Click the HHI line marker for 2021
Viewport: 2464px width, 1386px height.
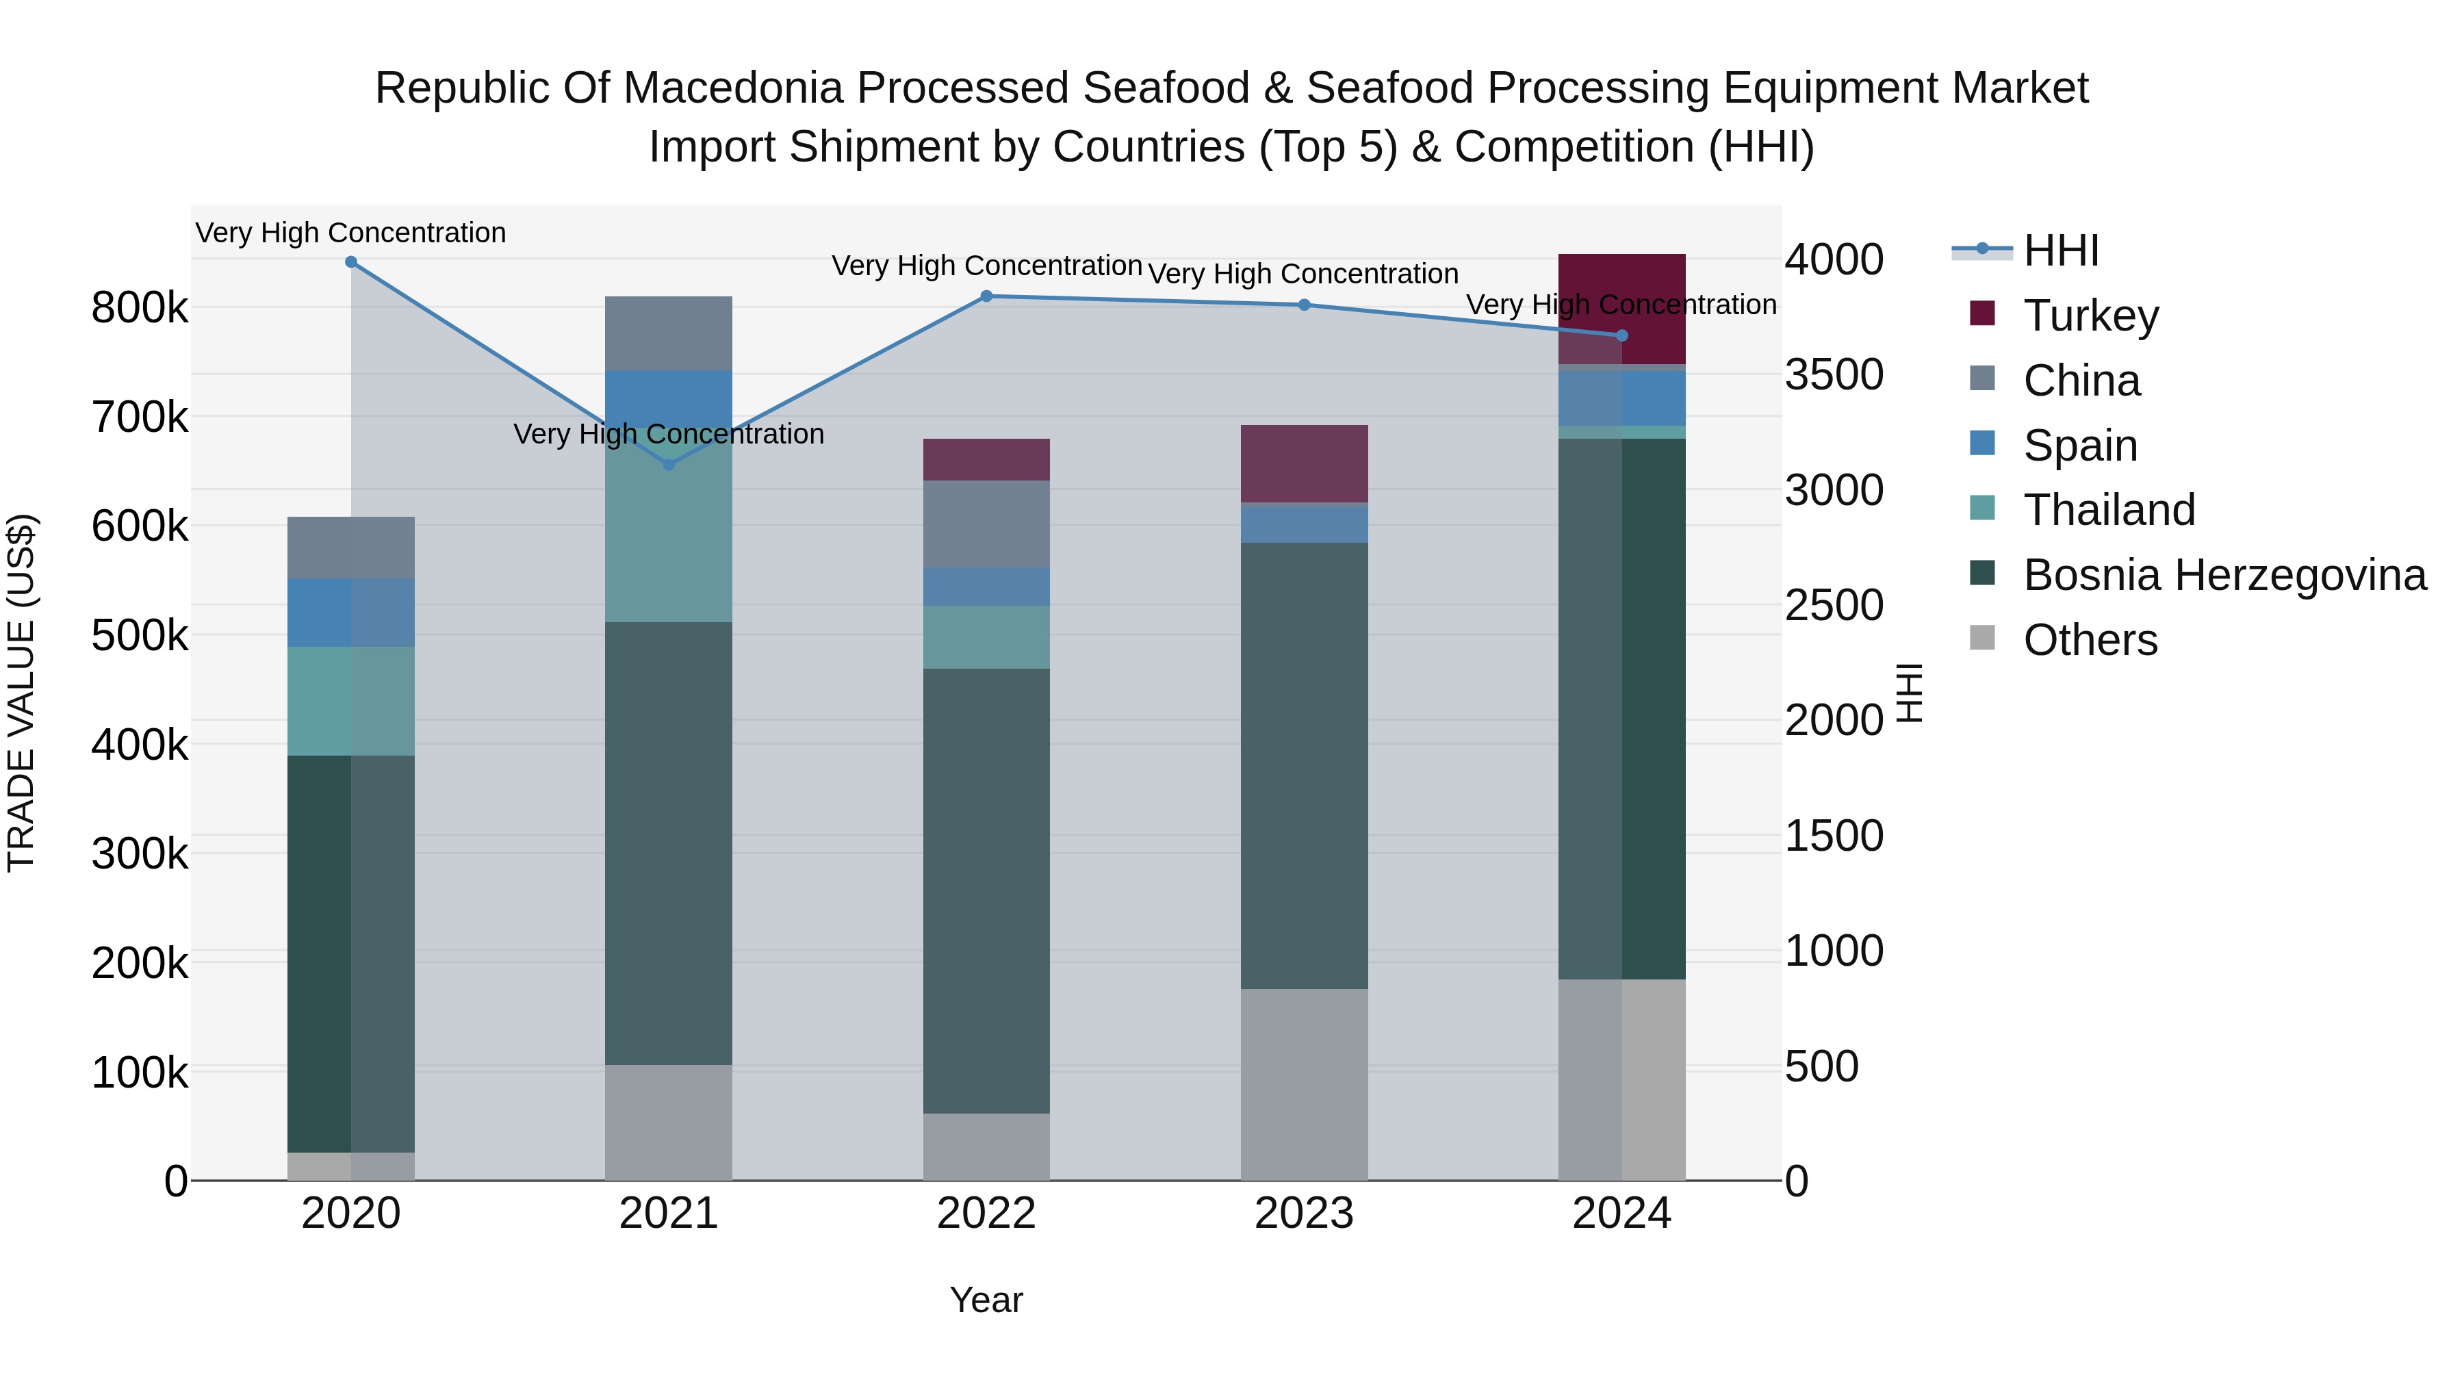point(669,465)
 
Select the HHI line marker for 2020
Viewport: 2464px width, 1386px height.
point(351,262)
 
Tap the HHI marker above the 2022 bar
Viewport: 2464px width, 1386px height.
point(986,296)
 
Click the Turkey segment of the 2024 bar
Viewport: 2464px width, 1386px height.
point(1621,308)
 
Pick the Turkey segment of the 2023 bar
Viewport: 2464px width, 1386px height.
point(1304,464)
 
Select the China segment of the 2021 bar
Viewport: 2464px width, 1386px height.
point(669,333)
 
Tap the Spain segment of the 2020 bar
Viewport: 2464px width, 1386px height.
point(351,612)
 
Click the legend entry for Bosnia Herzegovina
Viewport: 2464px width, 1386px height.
point(2224,575)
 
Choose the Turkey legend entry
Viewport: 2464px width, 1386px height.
point(2091,315)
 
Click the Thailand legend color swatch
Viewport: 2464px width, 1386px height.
point(1982,508)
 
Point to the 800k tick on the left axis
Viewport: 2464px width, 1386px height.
point(140,308)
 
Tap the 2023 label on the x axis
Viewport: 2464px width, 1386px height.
point(1304,1214)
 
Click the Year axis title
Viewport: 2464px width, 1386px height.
point(986,1300)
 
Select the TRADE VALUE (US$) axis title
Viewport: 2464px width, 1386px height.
point(21,693)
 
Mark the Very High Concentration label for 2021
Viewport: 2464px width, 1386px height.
point(669,434)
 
